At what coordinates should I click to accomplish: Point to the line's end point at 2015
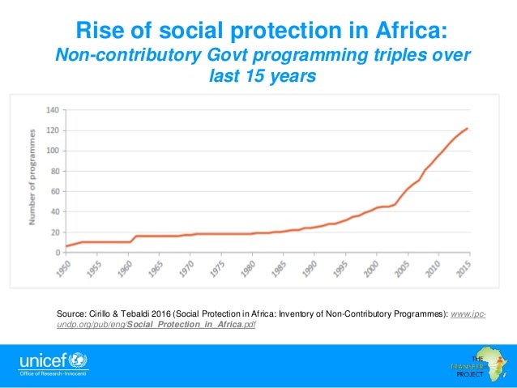[468, 128]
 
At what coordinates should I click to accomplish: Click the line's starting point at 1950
[66, 246]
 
